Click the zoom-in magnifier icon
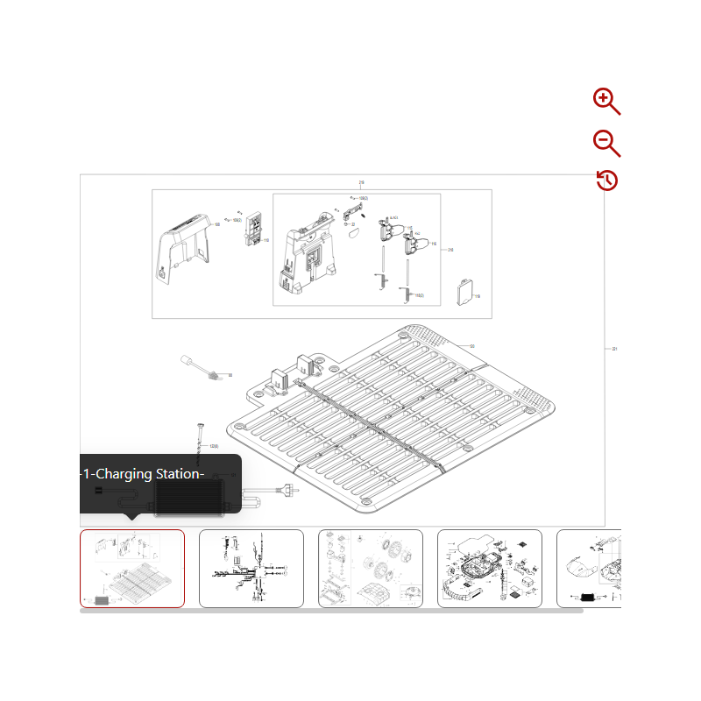(605, 101)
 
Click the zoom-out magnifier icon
(605, 142)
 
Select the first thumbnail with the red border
(132, 568)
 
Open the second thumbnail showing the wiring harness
(251, 568)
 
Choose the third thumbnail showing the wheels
(371, 568)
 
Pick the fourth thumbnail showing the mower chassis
(490, 568)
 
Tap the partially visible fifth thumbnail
(590, 568)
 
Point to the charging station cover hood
(185, 251)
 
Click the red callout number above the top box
(361, 183)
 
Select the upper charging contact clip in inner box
(385, 229)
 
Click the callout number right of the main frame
(614, 349)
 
